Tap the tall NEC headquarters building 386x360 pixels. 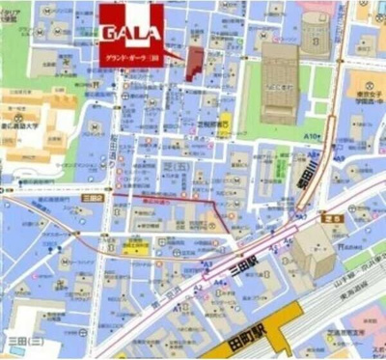click(x=279, y=81)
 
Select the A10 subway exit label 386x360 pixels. click(x=311, y=137)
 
